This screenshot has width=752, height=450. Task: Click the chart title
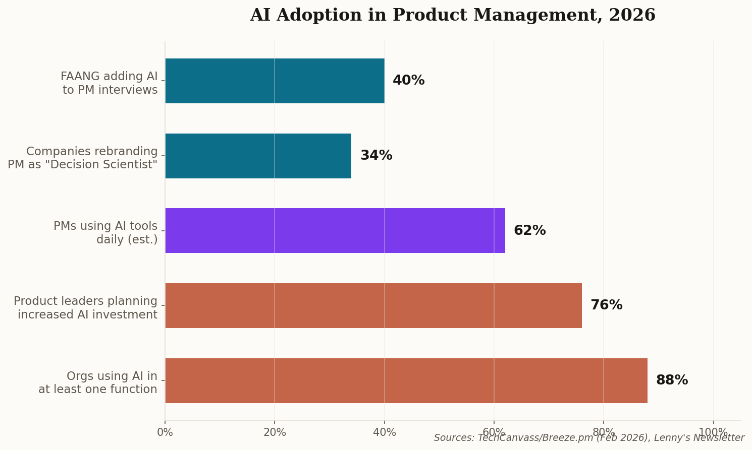point(452,15)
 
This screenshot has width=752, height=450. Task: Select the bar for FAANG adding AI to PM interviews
point(275,81)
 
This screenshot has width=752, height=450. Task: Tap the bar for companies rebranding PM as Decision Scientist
point(258,156)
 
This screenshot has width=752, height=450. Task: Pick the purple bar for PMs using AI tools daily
point(335,230)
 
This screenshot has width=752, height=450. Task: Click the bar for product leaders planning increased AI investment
point(373,305)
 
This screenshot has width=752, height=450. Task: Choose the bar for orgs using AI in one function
point(406,380)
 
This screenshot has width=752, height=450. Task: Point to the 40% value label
point(408,81)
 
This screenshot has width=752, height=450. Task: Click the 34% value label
point(376,156)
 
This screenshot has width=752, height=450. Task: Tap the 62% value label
point(529,231)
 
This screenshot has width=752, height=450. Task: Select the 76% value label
point(606,305)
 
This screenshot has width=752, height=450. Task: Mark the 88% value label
point(672,380)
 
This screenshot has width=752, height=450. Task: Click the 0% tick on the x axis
point(165,432)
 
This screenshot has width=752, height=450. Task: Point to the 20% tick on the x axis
point(275,432)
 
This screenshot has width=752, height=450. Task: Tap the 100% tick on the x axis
point(713,432)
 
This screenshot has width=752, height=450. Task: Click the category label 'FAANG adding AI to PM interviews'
point(110,83)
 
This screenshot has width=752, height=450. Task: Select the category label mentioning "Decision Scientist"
point(83,158)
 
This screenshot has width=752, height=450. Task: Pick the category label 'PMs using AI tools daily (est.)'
point(106,233)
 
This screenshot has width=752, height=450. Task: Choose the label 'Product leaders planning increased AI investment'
point(86,308)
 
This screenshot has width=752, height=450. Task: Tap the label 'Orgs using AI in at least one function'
point(98,383)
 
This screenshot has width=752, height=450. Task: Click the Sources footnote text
point(588,438)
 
